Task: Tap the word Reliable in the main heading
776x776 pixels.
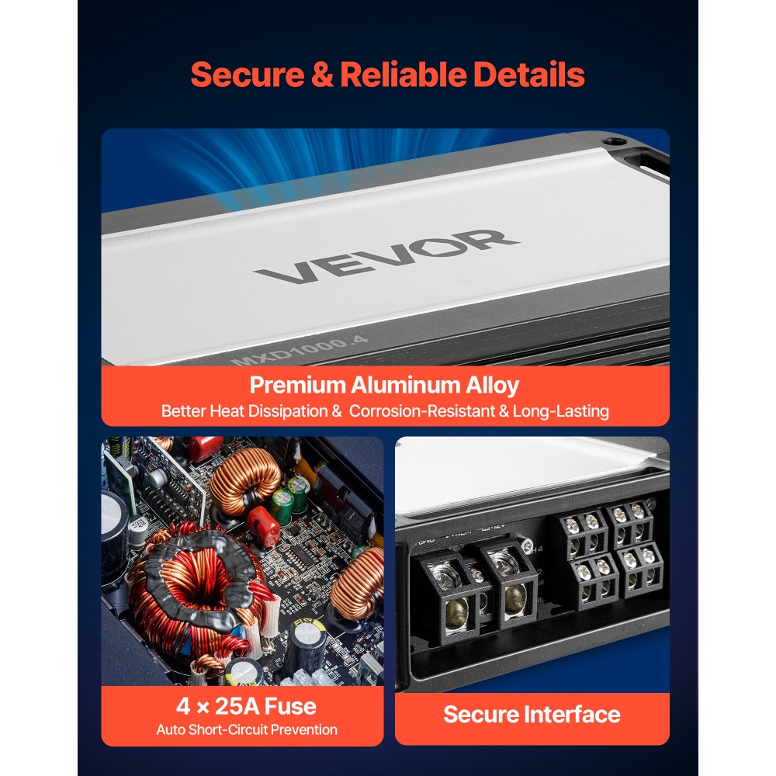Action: coord(403,75)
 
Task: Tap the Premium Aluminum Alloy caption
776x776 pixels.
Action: coord(384,385)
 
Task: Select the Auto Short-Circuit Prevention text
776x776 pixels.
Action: coord(246,729)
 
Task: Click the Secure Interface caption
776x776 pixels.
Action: coord(532,715)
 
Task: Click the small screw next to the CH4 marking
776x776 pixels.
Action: coord(528,549)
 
